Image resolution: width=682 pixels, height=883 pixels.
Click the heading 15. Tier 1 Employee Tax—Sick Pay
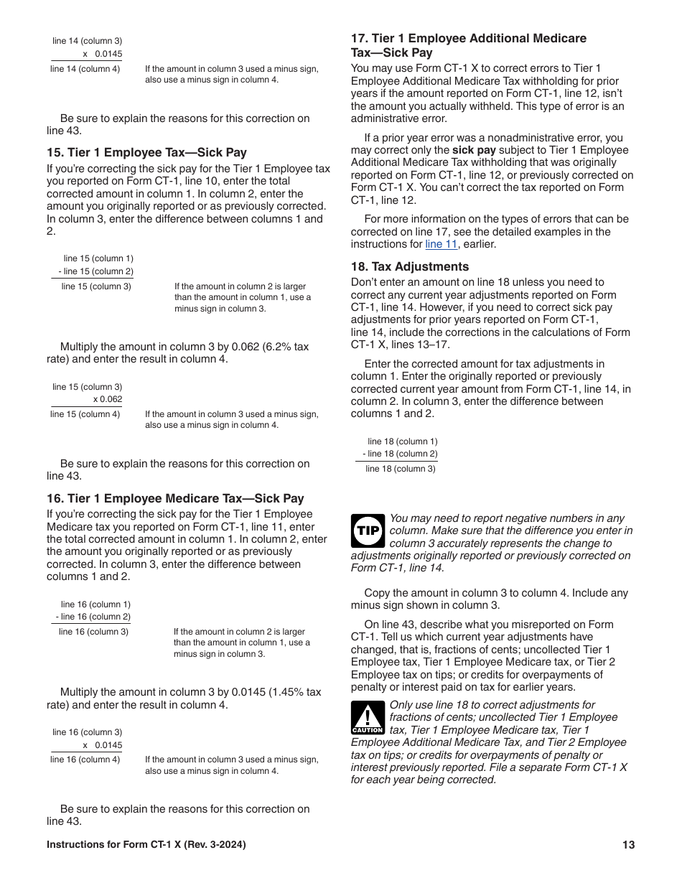click(146, 152)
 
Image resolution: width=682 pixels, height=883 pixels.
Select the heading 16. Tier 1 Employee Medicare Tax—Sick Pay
click(175, 498)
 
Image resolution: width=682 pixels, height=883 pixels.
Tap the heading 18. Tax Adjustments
click(409, 266)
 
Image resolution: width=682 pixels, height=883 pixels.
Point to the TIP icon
click(368, 531)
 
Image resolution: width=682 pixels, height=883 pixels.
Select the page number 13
click(629, 845)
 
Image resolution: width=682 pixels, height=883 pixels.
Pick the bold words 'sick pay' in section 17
click(472, 151)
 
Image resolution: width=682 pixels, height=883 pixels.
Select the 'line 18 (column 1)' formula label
click(402, 441)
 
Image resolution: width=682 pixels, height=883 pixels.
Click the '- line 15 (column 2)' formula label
click(95, 271)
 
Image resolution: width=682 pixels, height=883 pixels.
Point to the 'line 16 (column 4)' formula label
click(85, 760)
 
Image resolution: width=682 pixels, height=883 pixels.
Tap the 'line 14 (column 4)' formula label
click(85, 69)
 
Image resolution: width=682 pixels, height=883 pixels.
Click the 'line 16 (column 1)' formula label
click(95, 604)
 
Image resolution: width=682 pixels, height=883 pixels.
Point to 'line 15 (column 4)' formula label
click(85, 414)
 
